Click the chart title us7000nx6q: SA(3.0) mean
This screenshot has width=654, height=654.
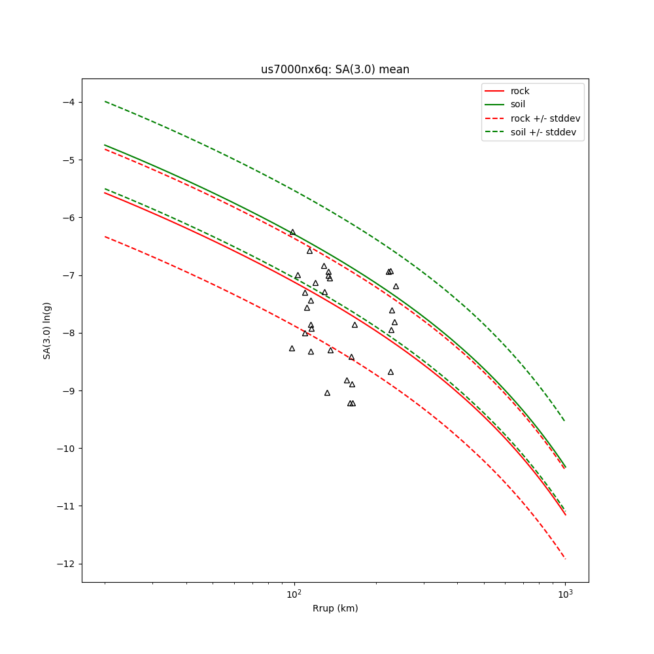[x=335, y=69]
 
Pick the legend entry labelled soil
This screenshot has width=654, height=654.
[x=518, y=105]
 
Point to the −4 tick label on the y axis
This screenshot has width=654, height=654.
[x=68, y=102]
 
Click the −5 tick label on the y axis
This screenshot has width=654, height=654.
[x=68, y=160]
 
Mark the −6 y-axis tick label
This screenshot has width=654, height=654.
[x=68, y=217]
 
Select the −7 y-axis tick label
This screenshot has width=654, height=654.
[x=68, y=275]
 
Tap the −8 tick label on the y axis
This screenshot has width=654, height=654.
[x=68, y=333]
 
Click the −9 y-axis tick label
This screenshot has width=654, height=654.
[x=68, y=390]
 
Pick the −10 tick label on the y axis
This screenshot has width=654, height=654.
[x=65, y=448]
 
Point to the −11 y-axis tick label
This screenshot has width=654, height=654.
[x=65, y=506]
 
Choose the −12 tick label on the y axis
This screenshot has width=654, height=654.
[x=65, y=564]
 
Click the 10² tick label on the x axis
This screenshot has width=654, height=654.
[x=294, y=593]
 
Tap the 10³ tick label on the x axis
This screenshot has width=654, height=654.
[x=565, y=593]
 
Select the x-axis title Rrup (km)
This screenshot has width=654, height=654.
[x=335, y=608]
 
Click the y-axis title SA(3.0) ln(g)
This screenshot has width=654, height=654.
[x=47, y=330]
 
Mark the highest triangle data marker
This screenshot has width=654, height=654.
[x=292, y=232]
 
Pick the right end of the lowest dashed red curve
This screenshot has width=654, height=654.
[x=565, y=559]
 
